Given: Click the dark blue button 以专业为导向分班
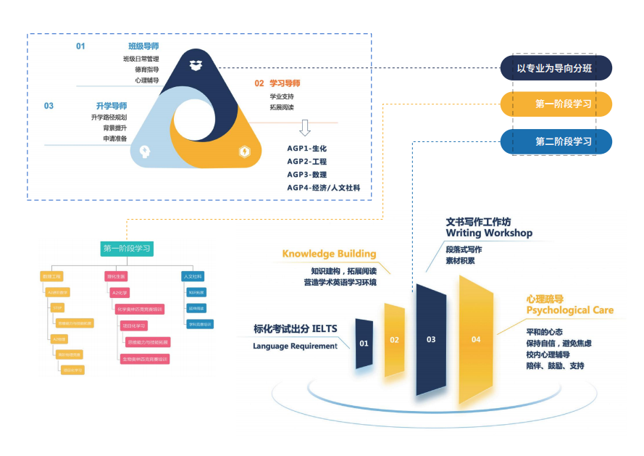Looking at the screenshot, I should (555, 69).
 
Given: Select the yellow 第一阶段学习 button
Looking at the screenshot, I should (556, 104).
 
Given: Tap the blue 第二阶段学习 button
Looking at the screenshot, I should (556, 141).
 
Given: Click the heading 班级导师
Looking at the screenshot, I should (143, 46).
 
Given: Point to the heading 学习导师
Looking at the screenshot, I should (285, 83).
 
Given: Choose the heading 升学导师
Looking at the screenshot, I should (112, 106).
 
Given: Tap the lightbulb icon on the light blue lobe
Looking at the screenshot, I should (144, 152).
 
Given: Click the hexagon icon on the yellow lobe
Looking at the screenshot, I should (245, 152).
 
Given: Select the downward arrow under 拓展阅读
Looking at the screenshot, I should (305, 128).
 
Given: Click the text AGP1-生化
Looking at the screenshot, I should (307, 149).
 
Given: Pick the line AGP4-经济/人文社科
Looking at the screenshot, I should (323, 188).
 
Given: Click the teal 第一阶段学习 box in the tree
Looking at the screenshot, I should (127, 249).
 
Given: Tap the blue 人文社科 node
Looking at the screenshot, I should (193, 276).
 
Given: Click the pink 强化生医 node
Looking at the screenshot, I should (117, 276).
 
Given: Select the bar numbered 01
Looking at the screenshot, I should (364, 341).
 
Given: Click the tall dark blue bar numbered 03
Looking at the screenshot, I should (431, 339).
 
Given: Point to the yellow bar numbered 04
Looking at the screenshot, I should (476, 339).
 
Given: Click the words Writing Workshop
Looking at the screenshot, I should (489, 233).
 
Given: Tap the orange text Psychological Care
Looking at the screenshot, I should (569, 310).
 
